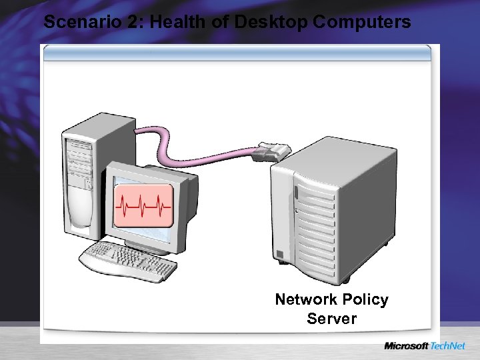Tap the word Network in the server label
(307, 300)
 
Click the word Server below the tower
(331, 319)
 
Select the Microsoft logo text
(406, 346)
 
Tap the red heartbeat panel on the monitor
(143, 205)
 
